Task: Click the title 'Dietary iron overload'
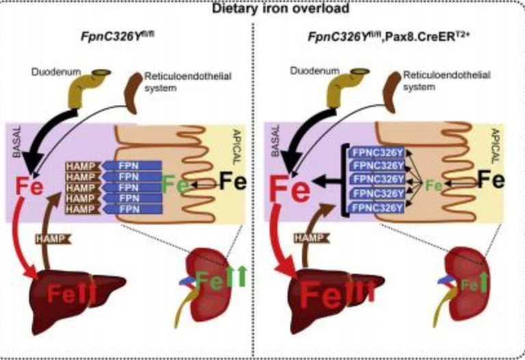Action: (x=262, y=9)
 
